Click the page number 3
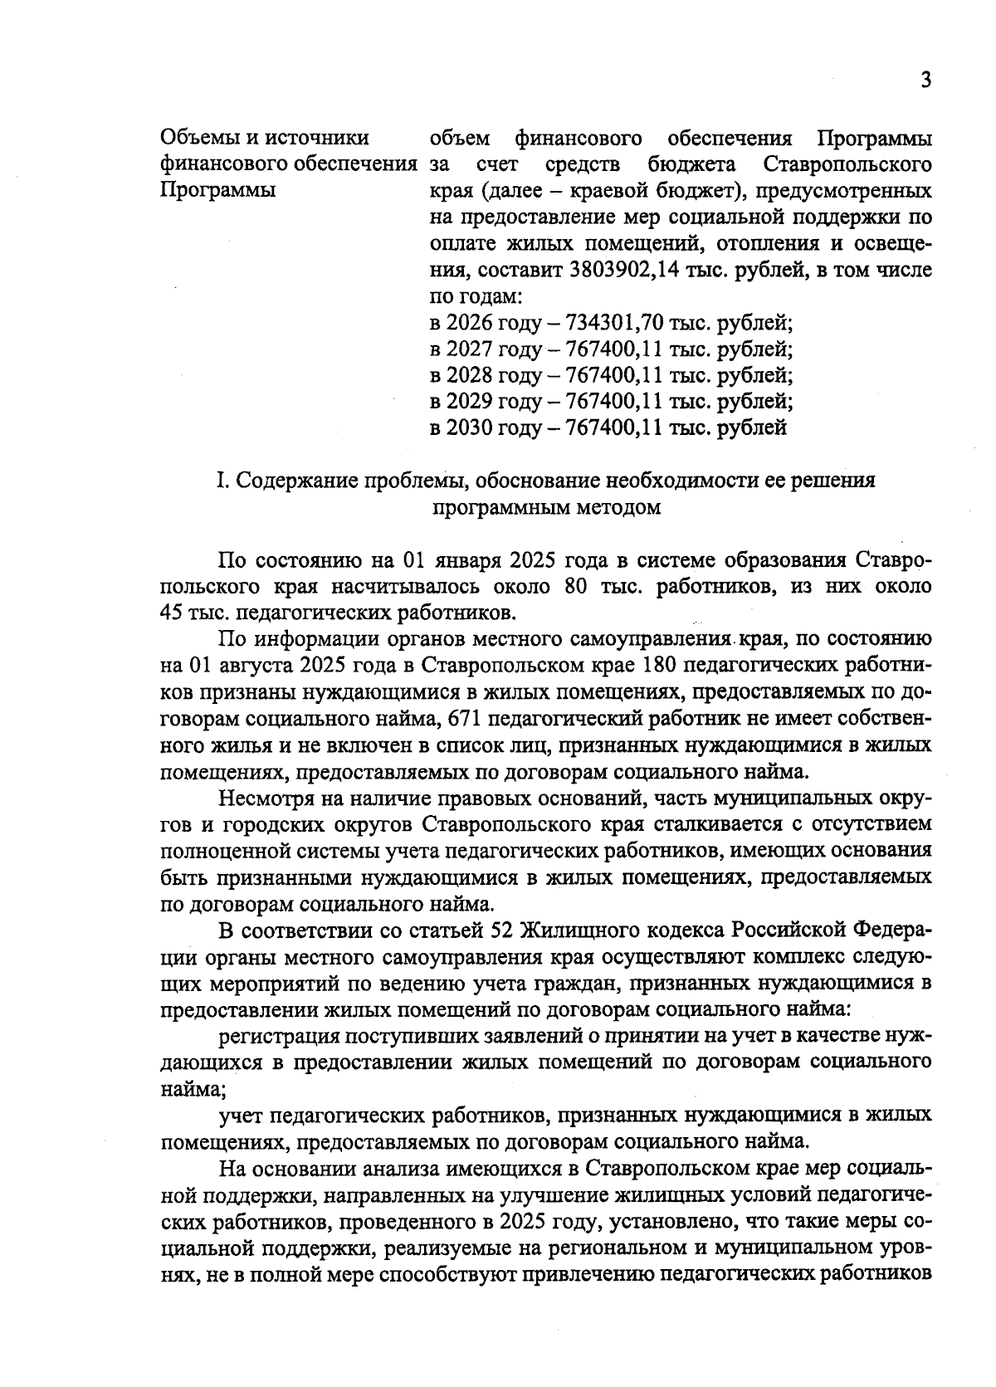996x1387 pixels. pos(925,81)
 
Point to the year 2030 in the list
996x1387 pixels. pos(470,428)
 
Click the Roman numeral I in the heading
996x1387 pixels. pos(219,481)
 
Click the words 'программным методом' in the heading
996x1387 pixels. pos(547,507)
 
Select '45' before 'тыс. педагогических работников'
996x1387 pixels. pos(175,613)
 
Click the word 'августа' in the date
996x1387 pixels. pos(250,666)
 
